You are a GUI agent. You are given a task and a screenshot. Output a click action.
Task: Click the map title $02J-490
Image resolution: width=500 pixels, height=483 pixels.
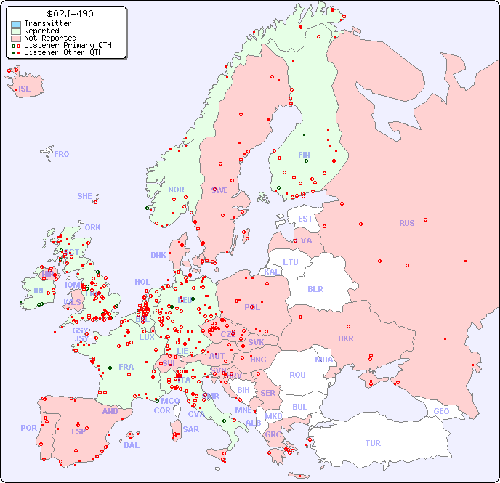pos(69,14)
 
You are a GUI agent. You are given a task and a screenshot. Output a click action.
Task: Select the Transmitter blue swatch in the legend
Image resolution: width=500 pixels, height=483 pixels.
pos(16,24)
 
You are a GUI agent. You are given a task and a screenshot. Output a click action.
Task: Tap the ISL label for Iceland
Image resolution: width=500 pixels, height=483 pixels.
pos(25,89)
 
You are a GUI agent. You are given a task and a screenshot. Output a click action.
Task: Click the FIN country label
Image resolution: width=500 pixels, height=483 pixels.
pos(304,155)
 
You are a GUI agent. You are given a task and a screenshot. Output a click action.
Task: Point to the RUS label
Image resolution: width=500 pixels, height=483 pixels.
pos(406,223)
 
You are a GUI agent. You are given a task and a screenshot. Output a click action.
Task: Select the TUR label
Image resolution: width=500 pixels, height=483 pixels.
pos(373,443)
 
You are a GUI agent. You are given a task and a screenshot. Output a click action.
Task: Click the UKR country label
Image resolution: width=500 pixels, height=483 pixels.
pos(346,338)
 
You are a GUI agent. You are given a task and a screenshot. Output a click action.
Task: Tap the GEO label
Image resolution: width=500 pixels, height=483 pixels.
pos(441,411)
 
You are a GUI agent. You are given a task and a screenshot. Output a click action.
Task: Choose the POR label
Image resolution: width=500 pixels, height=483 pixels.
pos(28,428)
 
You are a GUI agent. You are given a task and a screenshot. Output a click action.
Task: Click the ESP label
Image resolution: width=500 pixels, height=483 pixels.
pos(78,431)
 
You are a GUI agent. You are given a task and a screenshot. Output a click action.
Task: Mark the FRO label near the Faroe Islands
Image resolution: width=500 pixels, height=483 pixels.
pos(62,154)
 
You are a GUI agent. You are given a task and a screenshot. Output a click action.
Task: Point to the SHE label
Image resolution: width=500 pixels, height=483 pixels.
pos(85,196)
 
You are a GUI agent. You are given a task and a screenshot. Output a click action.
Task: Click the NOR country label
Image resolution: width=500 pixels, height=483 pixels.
pos(177,190)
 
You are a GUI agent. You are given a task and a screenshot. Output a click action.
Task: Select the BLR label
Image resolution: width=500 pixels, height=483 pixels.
pos(315,288)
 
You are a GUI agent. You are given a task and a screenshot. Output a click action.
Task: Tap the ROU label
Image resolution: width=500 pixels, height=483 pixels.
pos(297,375)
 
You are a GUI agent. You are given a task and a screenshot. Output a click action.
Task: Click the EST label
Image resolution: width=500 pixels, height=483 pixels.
pos(305,219)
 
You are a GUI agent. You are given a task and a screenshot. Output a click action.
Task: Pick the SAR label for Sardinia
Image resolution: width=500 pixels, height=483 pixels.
pos(191,429)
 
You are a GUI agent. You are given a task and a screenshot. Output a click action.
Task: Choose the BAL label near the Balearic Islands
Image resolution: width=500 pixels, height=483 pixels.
pos(131,445)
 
